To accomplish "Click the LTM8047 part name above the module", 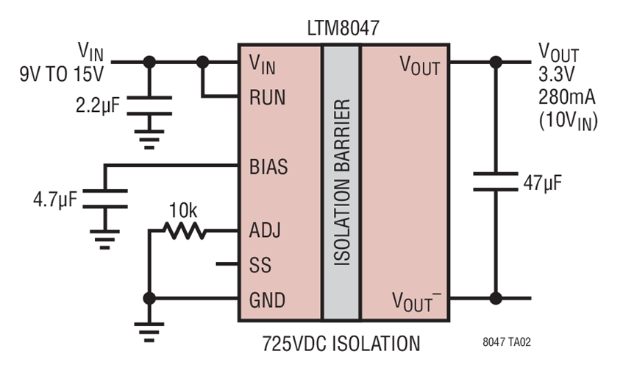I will [x=342, y=29].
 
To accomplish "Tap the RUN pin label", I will [x=266, y=96].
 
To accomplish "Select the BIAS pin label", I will [x=268, y=166].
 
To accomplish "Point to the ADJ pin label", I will [x=266, y=231].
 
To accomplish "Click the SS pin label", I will [x=260, y=264].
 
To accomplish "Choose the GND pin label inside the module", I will [x=267, y=300].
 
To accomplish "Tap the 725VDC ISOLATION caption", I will [x=341, y=343].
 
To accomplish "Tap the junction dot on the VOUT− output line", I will [x=495, y=299].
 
